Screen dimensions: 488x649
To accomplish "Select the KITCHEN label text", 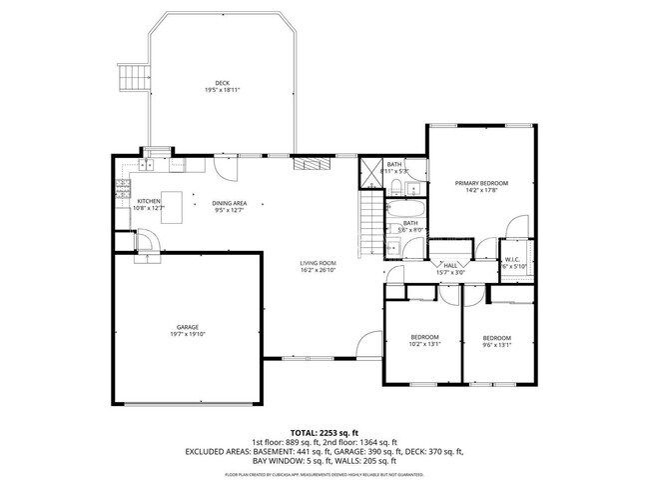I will (x=149, y=201).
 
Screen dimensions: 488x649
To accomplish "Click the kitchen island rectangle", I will (x=177, y=208).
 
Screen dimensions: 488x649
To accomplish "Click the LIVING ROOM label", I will (x=319, y=263).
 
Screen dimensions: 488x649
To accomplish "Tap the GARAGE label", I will (x=188, y=327).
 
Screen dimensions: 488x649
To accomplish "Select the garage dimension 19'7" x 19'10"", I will (x=188, y=335).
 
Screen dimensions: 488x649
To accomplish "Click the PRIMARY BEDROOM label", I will (x=481, y=183).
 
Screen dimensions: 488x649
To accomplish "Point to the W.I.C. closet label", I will (x=514, y=259).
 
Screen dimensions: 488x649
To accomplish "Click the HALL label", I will (x=450, y=265).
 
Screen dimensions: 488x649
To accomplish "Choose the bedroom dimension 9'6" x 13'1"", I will (x=496, y=345).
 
